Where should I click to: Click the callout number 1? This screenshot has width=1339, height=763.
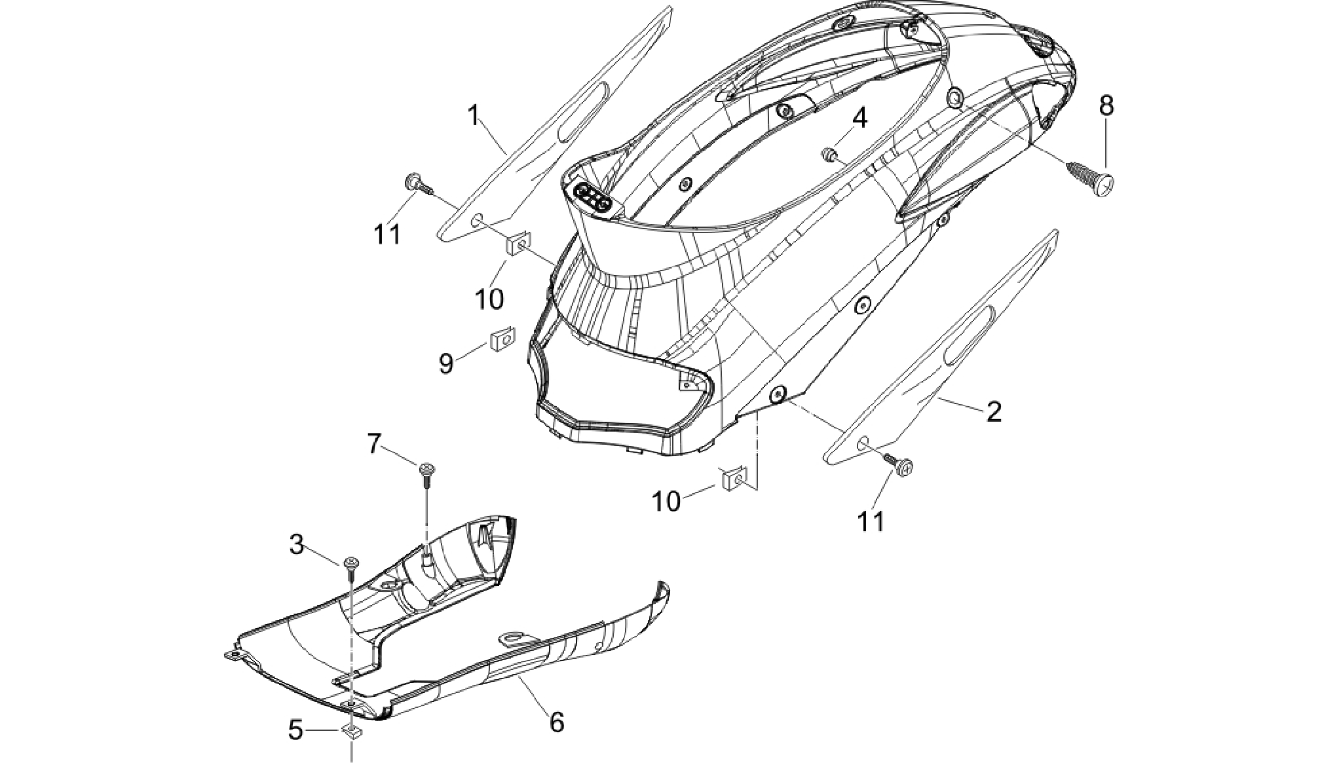tap(474, 117)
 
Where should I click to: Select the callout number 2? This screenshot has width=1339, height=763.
tap(994, 412)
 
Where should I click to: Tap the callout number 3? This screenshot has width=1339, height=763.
tap(297, 544)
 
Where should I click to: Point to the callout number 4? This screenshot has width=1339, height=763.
tap(859, 119)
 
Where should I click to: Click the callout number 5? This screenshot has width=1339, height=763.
tap(296, 730)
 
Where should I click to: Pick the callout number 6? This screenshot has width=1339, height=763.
tap(556, 722)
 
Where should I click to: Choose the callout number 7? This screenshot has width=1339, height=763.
tap(373, 445)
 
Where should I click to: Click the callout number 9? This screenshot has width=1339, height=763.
tap(446, 363)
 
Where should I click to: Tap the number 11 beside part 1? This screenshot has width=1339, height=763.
tap(387, 234)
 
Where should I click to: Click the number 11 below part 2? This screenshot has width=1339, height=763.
tap(871, 522)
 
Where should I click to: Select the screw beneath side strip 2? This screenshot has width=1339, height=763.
tap(900, 463)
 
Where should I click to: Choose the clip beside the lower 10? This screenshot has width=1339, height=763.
tap(734, 479)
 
